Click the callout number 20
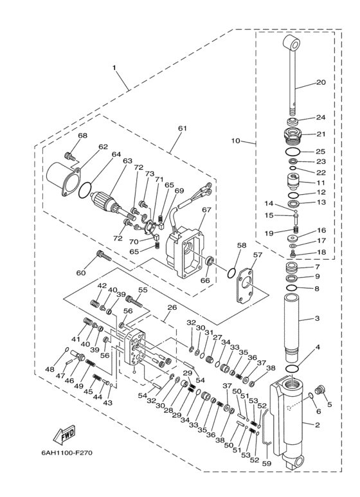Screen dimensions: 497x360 (x=321, y=82)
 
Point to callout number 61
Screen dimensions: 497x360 (x=182, y=129)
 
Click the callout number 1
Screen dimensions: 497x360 (x=115, y=67)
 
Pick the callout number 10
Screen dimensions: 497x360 (x=235, y=141)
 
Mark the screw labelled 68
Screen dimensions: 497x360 (x=70, y=156)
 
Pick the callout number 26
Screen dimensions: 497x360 (x=172, y=307)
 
